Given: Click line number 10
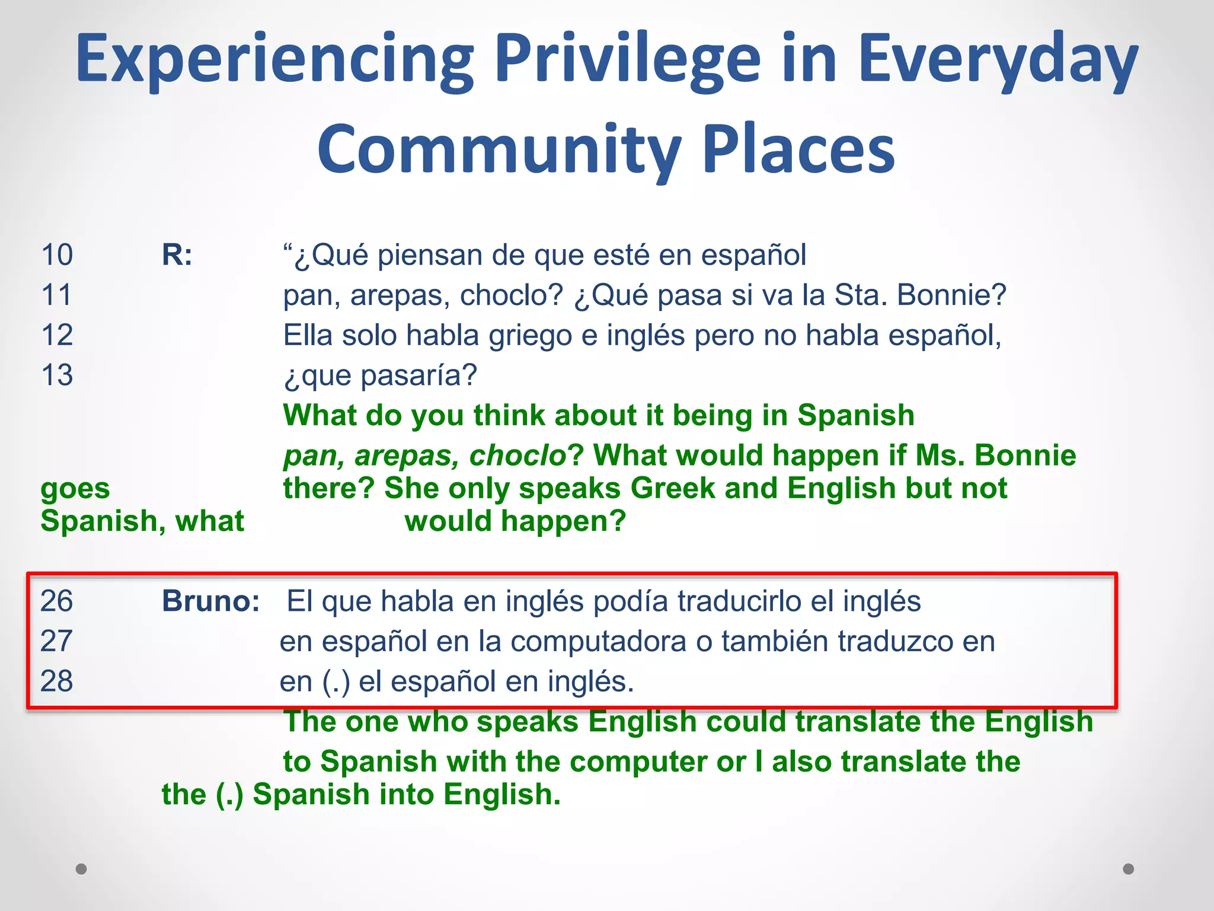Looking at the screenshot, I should click(57, 255).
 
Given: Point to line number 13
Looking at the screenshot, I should click(57, 375).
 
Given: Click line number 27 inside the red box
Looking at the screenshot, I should click(56, 641).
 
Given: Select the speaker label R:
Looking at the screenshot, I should click(177, 255).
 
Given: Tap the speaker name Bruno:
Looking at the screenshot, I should click(210, 601).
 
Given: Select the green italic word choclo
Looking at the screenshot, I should click(517, 455).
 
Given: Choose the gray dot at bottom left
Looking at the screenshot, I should click(81, 869).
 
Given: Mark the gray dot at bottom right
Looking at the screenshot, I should click(1129, 869).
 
